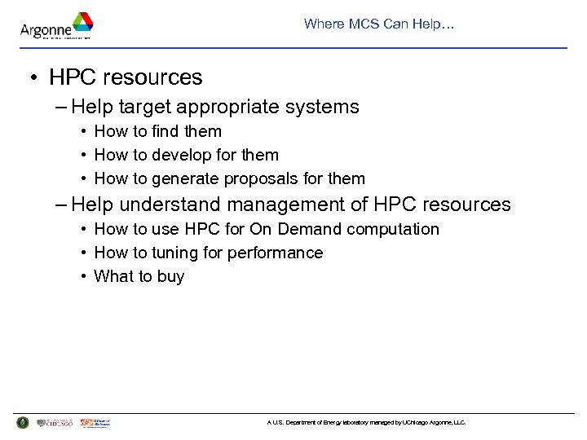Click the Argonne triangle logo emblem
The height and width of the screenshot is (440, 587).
(82, 23)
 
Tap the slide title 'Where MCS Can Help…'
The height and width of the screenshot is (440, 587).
(379, 24)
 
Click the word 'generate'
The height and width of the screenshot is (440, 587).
(185, 178)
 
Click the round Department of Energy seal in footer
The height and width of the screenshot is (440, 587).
(22, 422)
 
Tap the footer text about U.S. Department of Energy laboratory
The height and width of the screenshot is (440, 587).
(366, 423)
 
